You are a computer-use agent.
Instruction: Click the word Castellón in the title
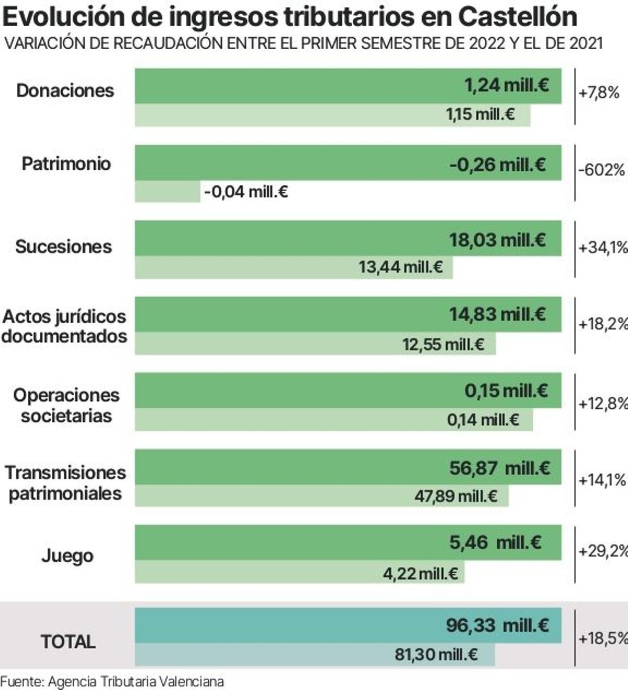click(517, 17)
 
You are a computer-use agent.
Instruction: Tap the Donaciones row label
click(65, 91)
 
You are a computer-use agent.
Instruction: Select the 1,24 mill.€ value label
click(507, 85)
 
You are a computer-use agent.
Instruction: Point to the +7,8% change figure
click(599, 93)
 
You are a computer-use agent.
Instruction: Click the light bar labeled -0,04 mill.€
click(167, 192)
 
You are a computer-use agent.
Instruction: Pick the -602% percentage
click(601, 170)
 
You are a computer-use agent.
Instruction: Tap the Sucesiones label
click(63, 246)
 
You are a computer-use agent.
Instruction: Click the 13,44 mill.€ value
click(400, 267)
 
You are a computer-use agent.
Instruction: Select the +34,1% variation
click(602, 247)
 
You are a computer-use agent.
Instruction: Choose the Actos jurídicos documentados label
click(64, 326)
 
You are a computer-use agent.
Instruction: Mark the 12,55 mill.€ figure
click(443, 344)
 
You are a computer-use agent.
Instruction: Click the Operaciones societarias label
click(66, 405)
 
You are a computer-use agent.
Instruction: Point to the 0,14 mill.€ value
click(483, 420)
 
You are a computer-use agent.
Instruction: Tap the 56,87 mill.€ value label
click(499, 467)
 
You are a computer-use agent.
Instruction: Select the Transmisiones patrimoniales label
click(65, 483)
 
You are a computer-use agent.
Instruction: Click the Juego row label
click(67, 555)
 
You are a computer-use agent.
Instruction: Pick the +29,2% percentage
click(602, 551)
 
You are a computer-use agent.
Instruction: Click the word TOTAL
click(68, 641)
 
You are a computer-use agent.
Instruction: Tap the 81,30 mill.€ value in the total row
click(436, 654)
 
